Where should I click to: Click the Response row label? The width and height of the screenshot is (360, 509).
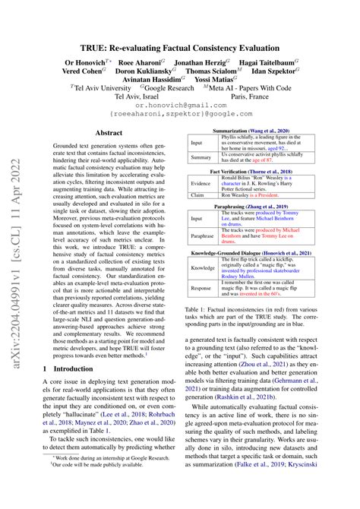click(201, 289)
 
